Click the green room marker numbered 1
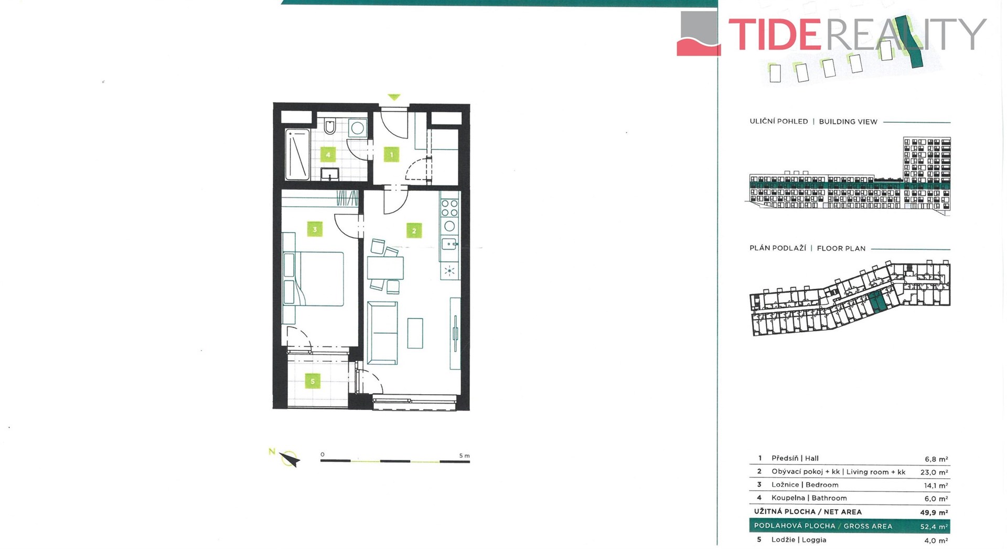tap(391, 154)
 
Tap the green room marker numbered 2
tap(414, 230)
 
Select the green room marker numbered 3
tap(315, 229)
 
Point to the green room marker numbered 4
tap(328, 154)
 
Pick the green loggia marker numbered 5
tap(313, 381)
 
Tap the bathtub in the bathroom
tap(297, 154)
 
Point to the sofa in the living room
tap(382, 332)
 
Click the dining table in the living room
tap(385, 268)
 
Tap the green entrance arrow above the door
tap(394, 97)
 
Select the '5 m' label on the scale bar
tap(465, 456)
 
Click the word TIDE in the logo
tap(775, 34)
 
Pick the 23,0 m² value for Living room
tap(934, 472)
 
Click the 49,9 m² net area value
tap(934, 512)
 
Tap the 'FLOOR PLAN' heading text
tap(841, 248)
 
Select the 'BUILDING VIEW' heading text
tap(848, 121)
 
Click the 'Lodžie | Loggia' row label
tap(799, 540)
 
